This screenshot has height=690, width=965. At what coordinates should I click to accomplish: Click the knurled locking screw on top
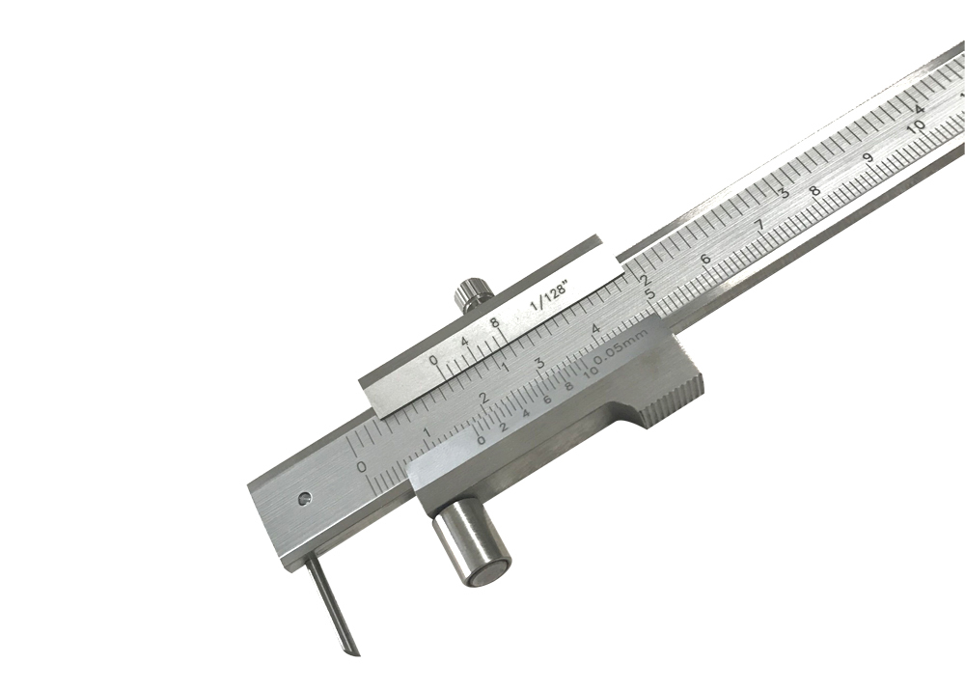pyautogui.click(x=474, y=293)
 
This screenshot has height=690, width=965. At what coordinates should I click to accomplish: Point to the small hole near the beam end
pyautogui.click(x=304, y=498)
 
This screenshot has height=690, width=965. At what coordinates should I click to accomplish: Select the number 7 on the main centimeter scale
pyautogui.click(x=758, y=225)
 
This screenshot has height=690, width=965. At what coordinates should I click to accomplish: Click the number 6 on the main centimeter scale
pyautogui.click(x=705, y=259)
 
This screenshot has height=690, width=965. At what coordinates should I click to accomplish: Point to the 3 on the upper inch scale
pyautogui.click(x=784, y=193)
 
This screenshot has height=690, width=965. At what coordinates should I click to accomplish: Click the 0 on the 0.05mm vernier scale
pyautogui.click(x=481, y=440)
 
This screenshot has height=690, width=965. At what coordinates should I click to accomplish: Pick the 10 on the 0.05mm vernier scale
pyautogui.click(x=590, y=376)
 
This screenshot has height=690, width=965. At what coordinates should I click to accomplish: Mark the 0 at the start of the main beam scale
pyautogui.click(x=362, y=466)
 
